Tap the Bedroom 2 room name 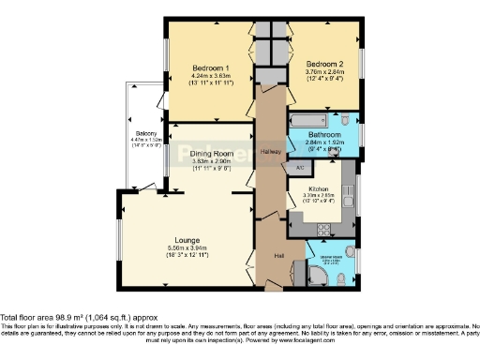[321, 64]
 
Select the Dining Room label [211, 153]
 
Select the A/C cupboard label [299, 167]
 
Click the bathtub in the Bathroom [308, 121]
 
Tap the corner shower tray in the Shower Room [321, 275]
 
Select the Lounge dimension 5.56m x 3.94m [187, 254]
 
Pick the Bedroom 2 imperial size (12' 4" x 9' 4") [321, 81]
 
